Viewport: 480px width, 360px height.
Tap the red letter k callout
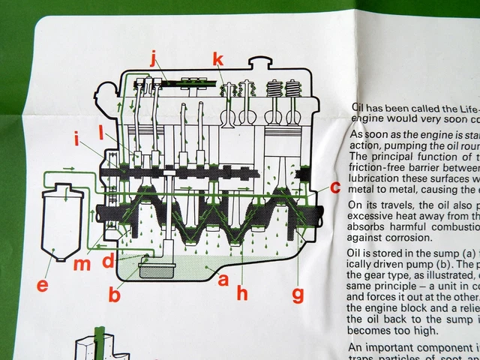[x=217, y=59]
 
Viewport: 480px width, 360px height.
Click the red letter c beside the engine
[x=335, y=187]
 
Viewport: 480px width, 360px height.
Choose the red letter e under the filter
[x=42, y=286]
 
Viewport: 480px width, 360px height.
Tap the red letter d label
[x=109, y=261]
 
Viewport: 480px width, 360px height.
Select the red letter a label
[x=221, y=280]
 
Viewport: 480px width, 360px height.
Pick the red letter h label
[x=241, y=293]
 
